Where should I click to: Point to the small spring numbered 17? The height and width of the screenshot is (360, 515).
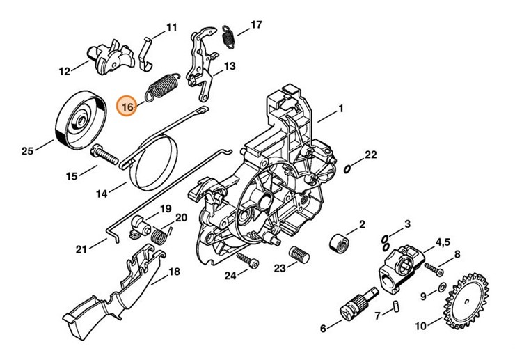coord(227,36)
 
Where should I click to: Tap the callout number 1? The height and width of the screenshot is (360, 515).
coord(341,109)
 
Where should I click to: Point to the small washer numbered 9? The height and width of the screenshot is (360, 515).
coord(442,287)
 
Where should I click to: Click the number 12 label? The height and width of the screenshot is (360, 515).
coord(65,71)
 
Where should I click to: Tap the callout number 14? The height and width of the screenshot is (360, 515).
coord(102,194)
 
